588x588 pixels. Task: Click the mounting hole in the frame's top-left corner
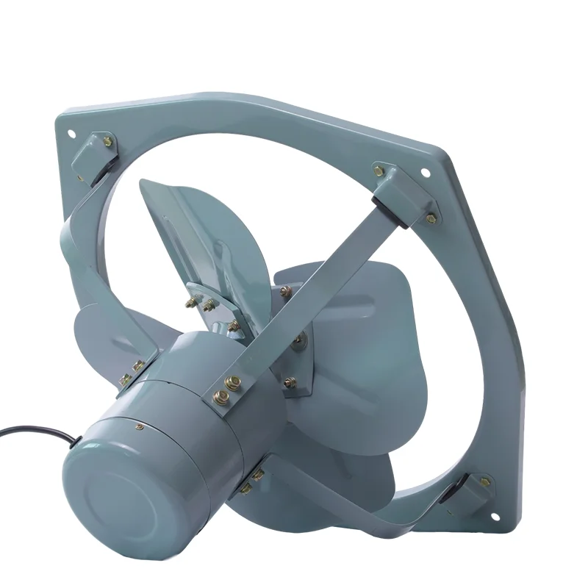click(x=71, y=135)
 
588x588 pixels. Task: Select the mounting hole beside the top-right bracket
click(x=425, y=173)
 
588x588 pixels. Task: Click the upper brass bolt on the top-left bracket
click(x=108, y=141)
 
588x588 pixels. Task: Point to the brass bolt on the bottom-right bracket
click(x=484, y=482)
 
